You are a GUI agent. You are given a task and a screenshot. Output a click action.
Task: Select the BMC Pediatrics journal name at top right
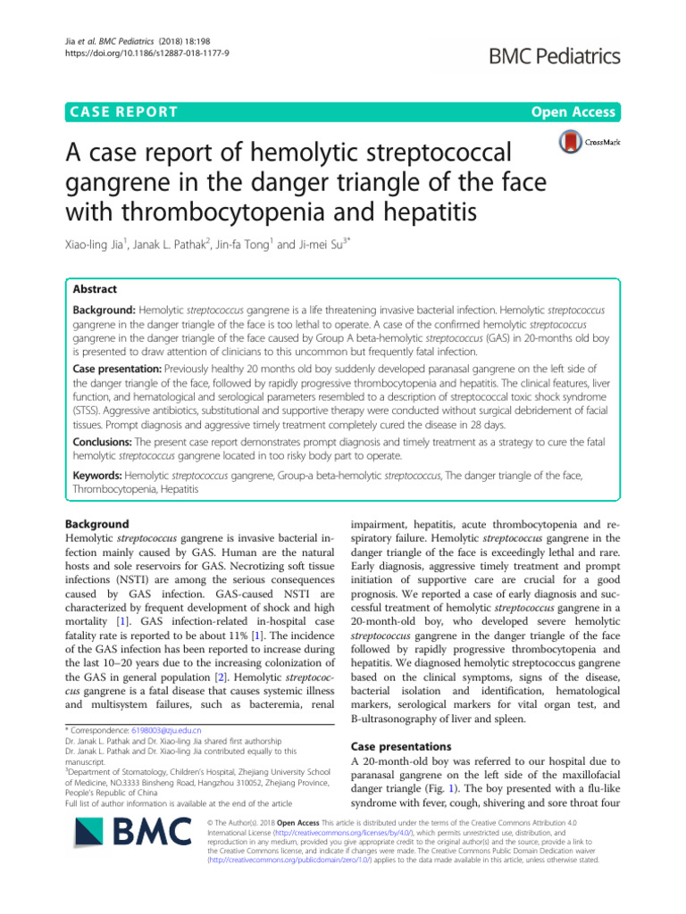coord(548,56)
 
